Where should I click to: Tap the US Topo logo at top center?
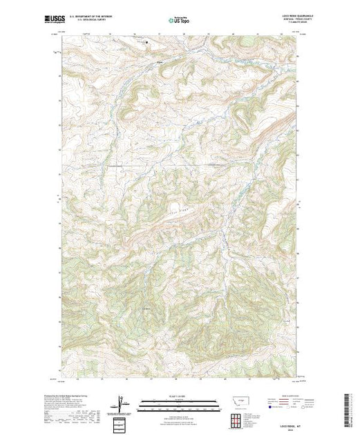tap(180, 21)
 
